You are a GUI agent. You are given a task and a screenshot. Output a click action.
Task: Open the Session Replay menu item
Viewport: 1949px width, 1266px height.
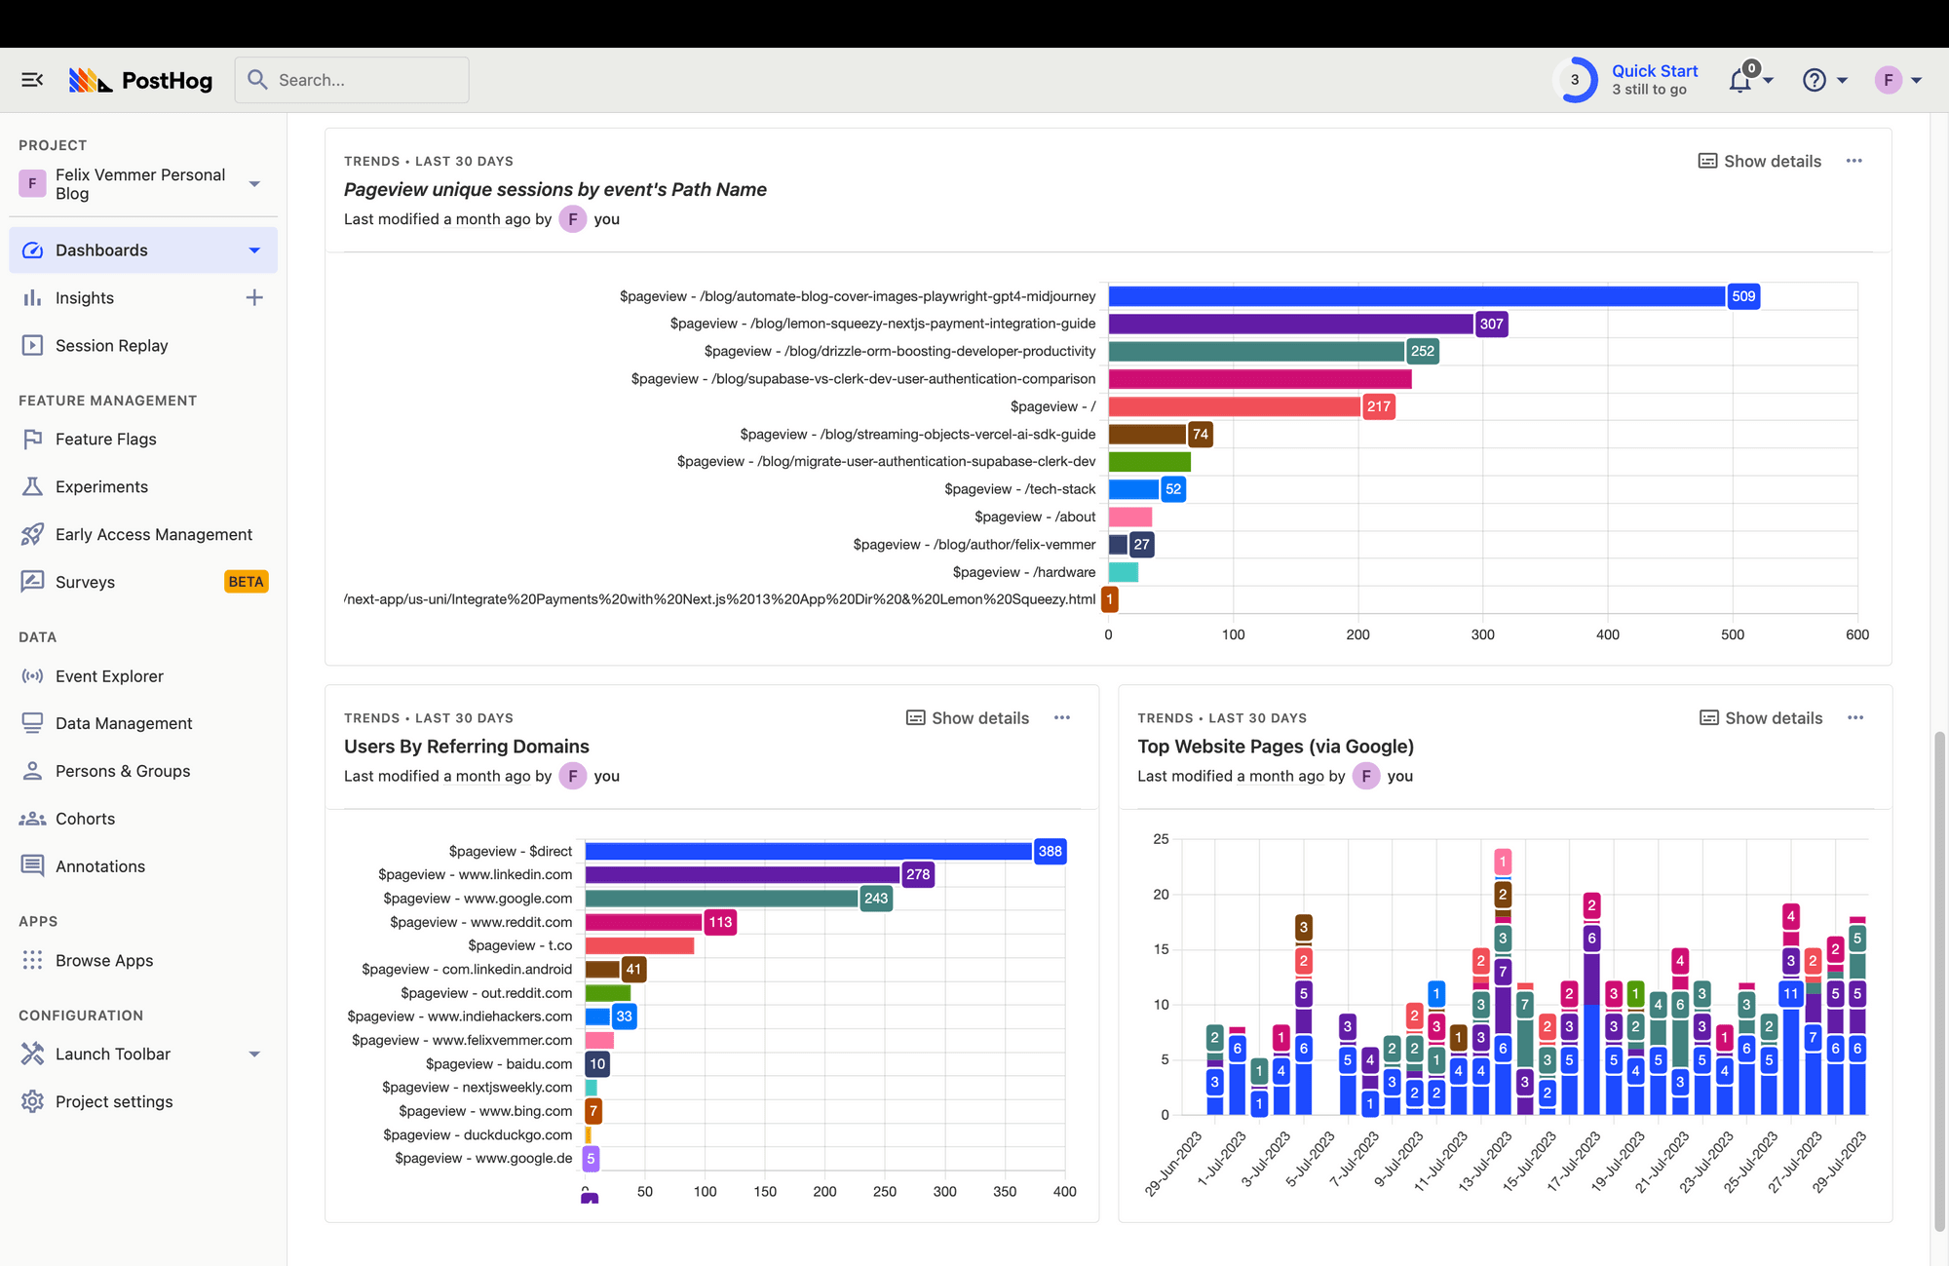click(111, 345)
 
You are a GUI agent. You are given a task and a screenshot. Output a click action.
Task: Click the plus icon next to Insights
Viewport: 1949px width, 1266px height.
click(254, 297)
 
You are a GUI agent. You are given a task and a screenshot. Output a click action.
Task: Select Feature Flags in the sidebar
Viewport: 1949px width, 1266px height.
click(105, 439)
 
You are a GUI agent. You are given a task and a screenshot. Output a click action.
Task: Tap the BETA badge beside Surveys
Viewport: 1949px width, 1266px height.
click(246, 582)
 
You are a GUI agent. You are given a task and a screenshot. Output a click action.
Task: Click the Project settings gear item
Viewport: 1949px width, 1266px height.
click(113, 1101)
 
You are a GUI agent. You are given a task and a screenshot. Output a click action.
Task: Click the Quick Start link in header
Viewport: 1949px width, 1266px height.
click(1654, 71)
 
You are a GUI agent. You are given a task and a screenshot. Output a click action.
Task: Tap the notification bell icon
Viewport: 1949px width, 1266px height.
click(1739, 81)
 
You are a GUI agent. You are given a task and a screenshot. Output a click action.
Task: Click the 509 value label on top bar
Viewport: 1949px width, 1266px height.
click(1743, 296)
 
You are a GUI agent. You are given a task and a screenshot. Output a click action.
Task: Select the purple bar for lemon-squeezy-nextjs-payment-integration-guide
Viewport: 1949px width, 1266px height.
click(1290, 324)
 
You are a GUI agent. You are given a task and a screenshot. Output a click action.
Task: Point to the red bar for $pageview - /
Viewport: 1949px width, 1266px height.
click(1234, 406)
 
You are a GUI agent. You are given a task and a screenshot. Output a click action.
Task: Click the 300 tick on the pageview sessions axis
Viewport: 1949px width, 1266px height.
click(1482, 634)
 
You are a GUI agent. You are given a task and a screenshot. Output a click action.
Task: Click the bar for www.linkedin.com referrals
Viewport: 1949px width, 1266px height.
click(743, 874)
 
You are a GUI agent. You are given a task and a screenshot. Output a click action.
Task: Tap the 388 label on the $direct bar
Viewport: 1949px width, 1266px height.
click(1050, 851)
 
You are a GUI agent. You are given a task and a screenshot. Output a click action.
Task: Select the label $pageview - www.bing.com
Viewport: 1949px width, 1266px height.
click(485, 1111)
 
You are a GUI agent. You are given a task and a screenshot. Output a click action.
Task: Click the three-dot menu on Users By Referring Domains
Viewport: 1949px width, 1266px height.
click(1062, 718)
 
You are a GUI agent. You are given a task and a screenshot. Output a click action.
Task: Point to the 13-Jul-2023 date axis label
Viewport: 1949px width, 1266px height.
click(1484, 1161)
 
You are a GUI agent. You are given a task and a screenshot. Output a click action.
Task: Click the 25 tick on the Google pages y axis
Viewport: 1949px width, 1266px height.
click(1161, 839)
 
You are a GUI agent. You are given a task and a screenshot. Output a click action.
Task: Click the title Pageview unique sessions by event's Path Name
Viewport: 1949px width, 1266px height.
click(554, 189)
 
